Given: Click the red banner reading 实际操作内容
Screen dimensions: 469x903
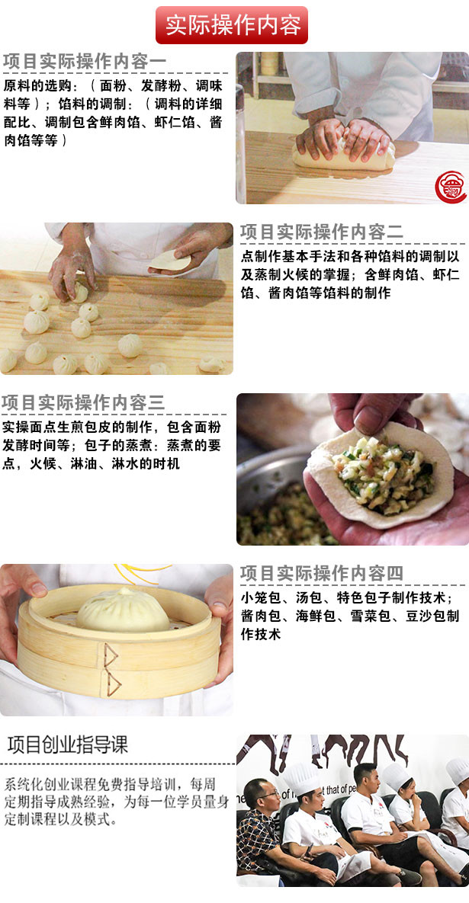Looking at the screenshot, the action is (232, 24).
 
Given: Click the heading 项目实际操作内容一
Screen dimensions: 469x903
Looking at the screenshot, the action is (85, 62).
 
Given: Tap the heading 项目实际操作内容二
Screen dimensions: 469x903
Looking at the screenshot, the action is (322, 232).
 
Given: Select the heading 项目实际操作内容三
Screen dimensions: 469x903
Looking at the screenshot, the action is (83, 402).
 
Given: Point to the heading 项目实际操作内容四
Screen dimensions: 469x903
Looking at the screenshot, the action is (322, 573).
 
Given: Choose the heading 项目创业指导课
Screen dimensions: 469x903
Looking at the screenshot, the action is (67, 744).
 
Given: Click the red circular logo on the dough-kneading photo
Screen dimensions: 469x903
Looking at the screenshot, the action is (451, 187).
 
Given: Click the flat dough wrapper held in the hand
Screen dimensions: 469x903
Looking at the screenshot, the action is (169, 261).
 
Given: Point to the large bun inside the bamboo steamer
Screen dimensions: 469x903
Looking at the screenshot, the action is (123, 610).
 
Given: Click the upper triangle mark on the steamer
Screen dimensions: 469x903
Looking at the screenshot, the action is (110, 655).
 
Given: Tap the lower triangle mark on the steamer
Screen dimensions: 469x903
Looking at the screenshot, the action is (114, 684).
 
